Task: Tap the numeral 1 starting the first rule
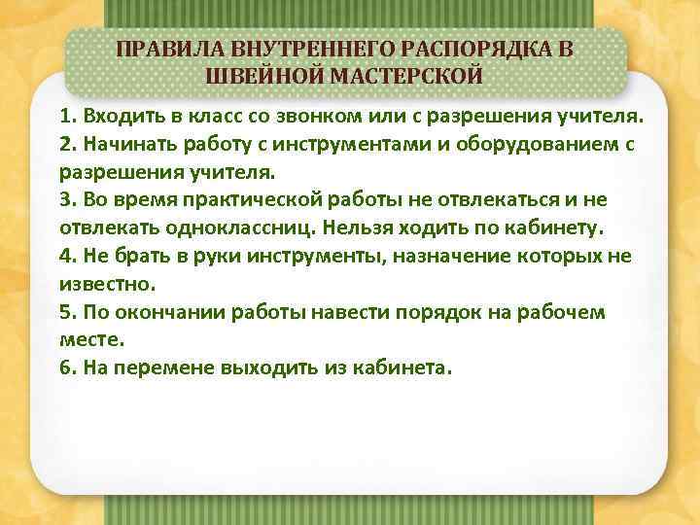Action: tap(63, 117)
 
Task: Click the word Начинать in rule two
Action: tap(127, 145)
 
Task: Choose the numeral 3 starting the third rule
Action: tap(64, 200)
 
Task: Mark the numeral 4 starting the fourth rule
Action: tap(64, 256)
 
